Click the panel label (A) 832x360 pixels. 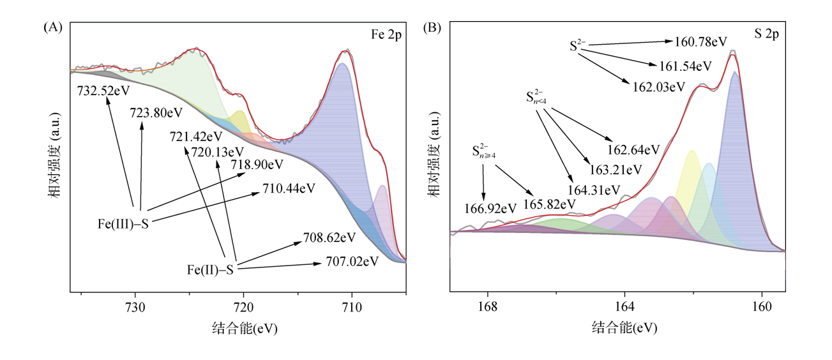tap(52, 27)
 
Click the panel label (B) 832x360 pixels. tap(432, 27)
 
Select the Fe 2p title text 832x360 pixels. tap(386, 35)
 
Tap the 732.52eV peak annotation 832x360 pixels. tap(103, 91)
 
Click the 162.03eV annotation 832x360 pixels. tap(659, 86)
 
